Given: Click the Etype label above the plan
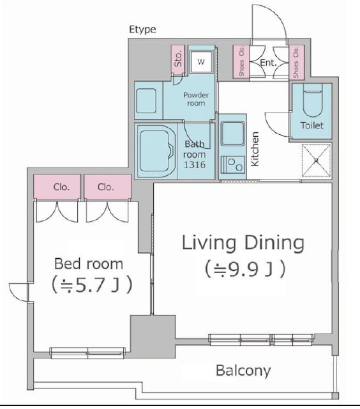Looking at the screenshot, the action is pos(142,29).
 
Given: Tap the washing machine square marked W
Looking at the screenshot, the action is pos(200,62).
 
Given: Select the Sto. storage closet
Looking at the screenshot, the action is pos(178,59).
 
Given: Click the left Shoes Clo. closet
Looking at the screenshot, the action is pos(241,61).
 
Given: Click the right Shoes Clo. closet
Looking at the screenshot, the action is pos(296,63).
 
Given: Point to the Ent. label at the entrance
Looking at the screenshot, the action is pos(268,63).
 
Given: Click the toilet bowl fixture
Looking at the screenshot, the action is pos(313,100).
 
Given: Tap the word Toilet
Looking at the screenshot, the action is pos(312,125).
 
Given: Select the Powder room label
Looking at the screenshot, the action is pos(196,99).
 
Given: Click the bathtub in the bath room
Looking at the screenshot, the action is pos(155,151).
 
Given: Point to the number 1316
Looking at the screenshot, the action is pos(195,165).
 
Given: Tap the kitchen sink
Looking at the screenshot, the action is pos(232,134).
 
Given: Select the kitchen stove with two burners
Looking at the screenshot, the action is pos(233,165).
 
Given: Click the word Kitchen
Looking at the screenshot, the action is pos(255,149).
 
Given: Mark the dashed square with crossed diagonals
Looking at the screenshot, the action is pos(317,160).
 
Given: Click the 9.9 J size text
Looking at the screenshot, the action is pos(244,269).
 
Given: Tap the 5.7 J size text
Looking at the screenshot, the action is pos(92,286).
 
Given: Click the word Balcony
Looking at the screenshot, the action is pos(244,371).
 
